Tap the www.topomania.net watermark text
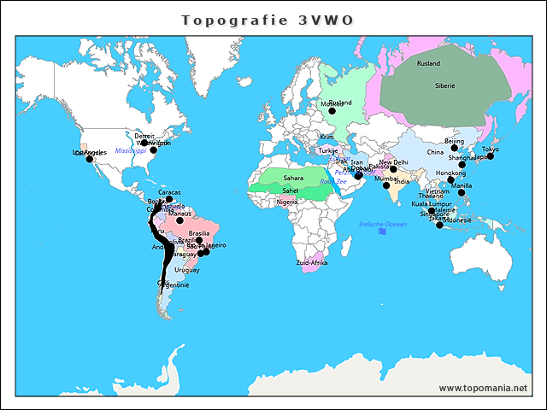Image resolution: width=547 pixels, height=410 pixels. coord(483,388)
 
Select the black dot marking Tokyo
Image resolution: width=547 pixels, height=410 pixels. coord(491,156)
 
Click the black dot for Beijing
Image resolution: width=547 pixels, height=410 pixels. coord(455,148)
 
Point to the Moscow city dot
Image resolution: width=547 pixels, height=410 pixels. coord(332,110)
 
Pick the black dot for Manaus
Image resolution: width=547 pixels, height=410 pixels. coord(179,220)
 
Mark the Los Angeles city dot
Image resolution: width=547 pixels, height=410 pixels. coord(89,159)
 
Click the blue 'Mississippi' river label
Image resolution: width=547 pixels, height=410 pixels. coord(131,150)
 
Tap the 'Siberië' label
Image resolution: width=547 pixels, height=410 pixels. coord(444,86)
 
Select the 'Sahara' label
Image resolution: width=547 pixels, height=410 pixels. coord(293,178)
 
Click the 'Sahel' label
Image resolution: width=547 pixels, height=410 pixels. coord(291,190)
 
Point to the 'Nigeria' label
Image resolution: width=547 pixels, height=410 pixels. coord(287,202)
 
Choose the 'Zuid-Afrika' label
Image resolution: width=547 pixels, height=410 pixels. coord(311,262)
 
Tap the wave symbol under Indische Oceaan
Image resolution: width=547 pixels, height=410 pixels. coord(383,231)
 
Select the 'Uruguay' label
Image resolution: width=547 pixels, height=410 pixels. coord(186,269)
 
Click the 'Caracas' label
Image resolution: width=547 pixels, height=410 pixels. coord(169,192)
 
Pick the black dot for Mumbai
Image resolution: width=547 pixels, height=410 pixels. coord(386,185)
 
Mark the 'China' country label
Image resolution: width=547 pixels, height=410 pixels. coord(436,152)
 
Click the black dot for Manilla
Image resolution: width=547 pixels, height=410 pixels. coord(462,192)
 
